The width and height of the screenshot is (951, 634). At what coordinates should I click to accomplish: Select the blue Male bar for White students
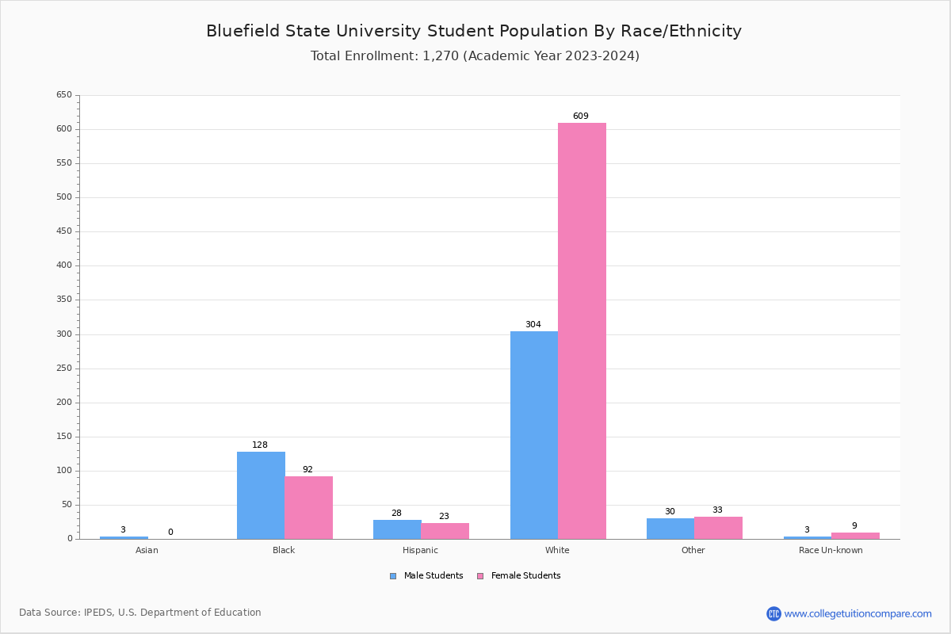pyautogui.click(x=534, y=435)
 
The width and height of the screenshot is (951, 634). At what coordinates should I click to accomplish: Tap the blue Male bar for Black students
pyautogui.click(x=261, y=495)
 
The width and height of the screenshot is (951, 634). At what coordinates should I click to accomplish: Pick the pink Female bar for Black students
pyautogui.click(x=309, y=507)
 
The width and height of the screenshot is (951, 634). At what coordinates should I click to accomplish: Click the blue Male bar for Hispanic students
pyautogui.click(x=397, y=529)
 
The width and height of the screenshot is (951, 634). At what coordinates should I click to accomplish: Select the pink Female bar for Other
pyautogui.click(x=718, y=528)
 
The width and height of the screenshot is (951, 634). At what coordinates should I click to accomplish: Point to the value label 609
pyautogui.click(x=581, y=116)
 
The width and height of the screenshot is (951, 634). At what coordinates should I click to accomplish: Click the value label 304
pyautogui.click(x=533, y=325)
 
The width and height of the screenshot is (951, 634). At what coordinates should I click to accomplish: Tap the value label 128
pyautogui.click(x=260, y=445)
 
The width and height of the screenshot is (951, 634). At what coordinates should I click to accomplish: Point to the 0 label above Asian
pyautogui.click(x=170, y=533)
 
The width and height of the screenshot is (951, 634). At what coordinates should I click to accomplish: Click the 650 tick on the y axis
pyautogui.click(x=64, y=95)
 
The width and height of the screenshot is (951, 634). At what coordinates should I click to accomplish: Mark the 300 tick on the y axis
pyautogui.click(x=64, y=334)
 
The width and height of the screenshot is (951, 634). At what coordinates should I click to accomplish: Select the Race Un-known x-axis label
pyautogui.click(x=831, y=550)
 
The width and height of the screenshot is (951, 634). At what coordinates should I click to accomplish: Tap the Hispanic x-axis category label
pyautogui.click(x=420, y=550)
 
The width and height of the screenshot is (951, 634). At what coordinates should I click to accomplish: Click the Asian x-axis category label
pyautogui.click(x=147, y=550)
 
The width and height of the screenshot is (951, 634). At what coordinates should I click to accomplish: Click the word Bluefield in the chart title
pyautogui.click(x=239, y=32)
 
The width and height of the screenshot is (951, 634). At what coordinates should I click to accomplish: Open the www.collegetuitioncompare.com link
pyautogui.click(x=857, y=613)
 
